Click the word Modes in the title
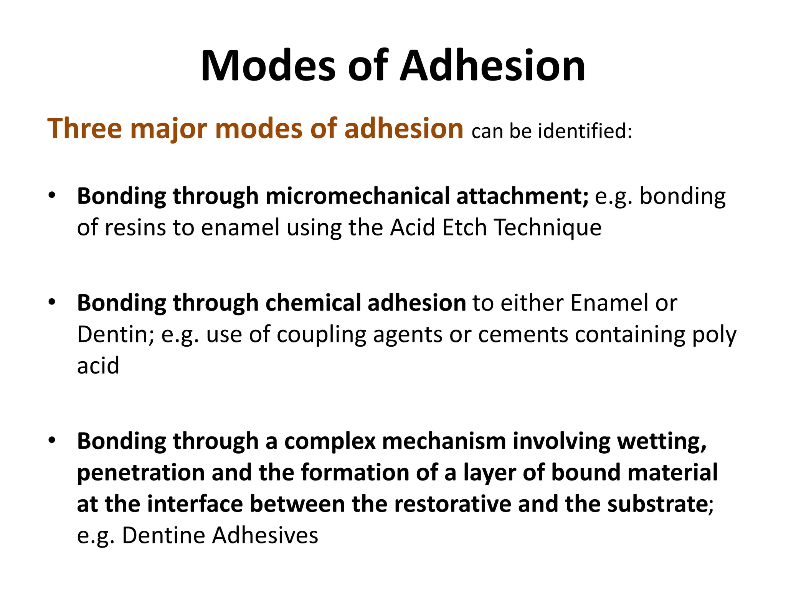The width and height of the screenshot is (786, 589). pos(268,66)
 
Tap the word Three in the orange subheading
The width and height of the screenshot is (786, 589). pos(84,128)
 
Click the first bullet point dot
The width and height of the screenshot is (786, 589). pos(52,195)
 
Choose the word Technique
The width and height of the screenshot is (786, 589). pos(548,227)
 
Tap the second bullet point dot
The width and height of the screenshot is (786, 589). pos(52,302)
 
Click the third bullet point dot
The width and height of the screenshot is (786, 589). pos(52,440)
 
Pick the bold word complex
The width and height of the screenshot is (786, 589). pos(330,442)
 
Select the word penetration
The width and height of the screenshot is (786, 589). pos(141,473)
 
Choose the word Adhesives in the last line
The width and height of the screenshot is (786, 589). pos(265,535)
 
